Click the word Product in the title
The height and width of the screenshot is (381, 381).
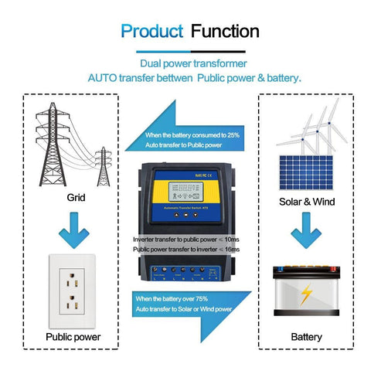[151, 32]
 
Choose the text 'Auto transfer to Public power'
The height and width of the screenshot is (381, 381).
[185, 145]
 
